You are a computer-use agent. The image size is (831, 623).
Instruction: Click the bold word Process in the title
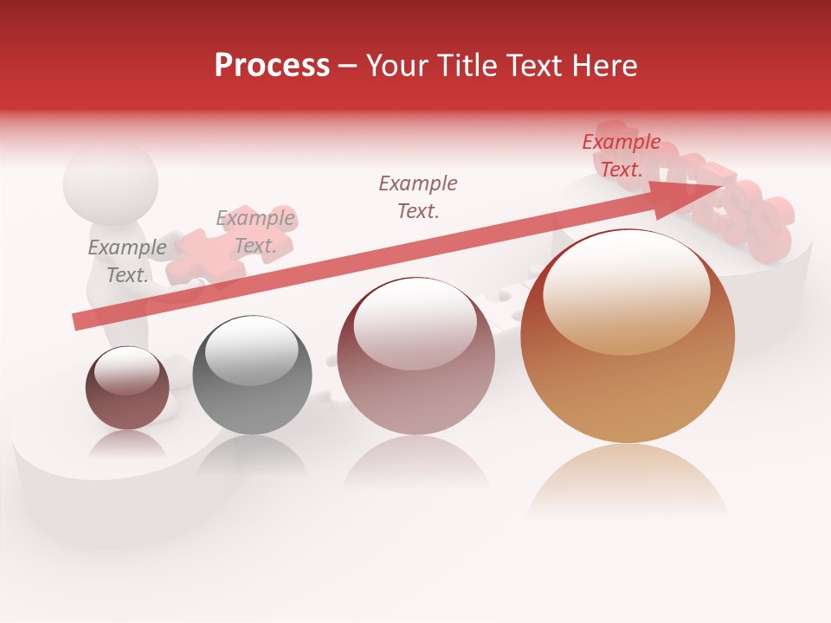pyautogui.click(x=272, y=66)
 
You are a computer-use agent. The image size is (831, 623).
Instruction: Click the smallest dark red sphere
pyautogui.click(x=127, y=388)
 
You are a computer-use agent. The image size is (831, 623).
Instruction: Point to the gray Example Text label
pyautogui.click(x=127, y=261)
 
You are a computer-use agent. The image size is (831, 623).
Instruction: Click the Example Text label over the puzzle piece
pyautogui.click(x=255, y=232)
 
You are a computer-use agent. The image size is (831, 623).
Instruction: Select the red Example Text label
pyautogui.click(x=622, y=156)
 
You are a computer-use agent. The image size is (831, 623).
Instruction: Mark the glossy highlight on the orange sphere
pyautogui.click(x=626, y=290)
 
